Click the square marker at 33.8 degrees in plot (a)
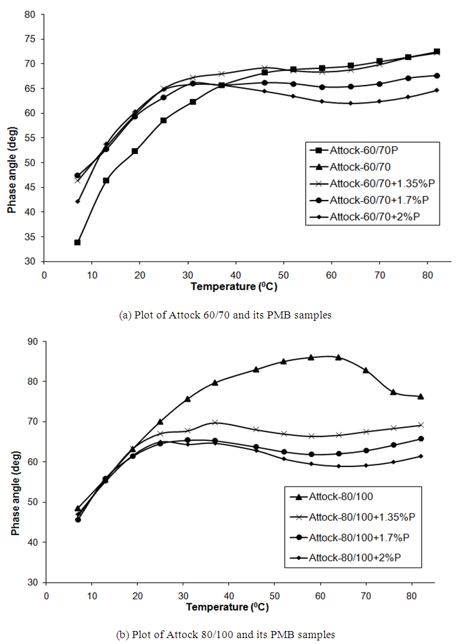point(77,242)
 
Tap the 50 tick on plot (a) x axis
point(284,275)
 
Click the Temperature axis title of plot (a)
point(234,287)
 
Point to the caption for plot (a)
point(225,315)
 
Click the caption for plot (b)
point(226,635)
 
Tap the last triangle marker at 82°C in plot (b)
point(420,396)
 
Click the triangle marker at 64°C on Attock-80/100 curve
point(338,357)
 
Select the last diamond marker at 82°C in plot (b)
point(420,456)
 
